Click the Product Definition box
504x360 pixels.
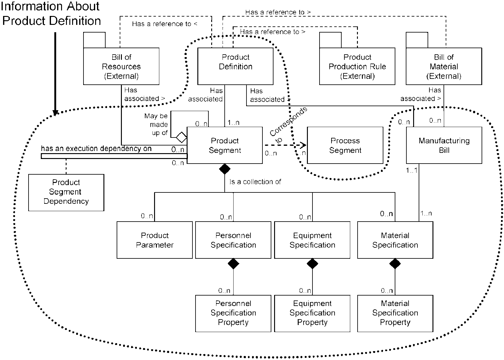pyautogui.click(x=235, y=66)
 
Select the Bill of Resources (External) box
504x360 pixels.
pyautogui.click(x=121, y=66)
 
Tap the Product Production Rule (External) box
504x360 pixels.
pyautogui.click(x=357, y=66)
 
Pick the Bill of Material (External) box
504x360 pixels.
pyautogui.click(x=444, y=66)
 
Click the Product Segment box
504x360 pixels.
pyautogui.click(x=225, y=145)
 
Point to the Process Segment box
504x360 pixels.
pyautogui.click(x=345, y=145)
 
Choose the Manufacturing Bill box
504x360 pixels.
pyautogui.click(x=444, y=145)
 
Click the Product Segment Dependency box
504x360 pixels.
pyautogui.click(x=66, y=193)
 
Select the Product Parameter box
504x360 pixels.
pyautogui.click(x=155, y=240)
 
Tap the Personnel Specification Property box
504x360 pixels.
pyautogui.click(x=233, y=313)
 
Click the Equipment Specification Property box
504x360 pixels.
pyautogui.click(x=312, y=313)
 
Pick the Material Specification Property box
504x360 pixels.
pyautogui.click(x=395, y=313)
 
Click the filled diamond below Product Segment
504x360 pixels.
pyautogui.click(x=225, y=169)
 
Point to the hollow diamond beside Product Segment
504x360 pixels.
pyautogui.click(x=181, y=137)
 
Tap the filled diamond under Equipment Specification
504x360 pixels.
pyautogui.click(x=312, y=264)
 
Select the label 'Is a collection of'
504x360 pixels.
pyautogui.click(x=255, y=182)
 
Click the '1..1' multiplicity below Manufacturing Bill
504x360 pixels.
pyautogui.click(x=412, y=170)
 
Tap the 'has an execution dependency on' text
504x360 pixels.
pyautogui.click(x=96, y=149)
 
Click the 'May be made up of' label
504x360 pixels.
pyautogui.click(x=156, y=124)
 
